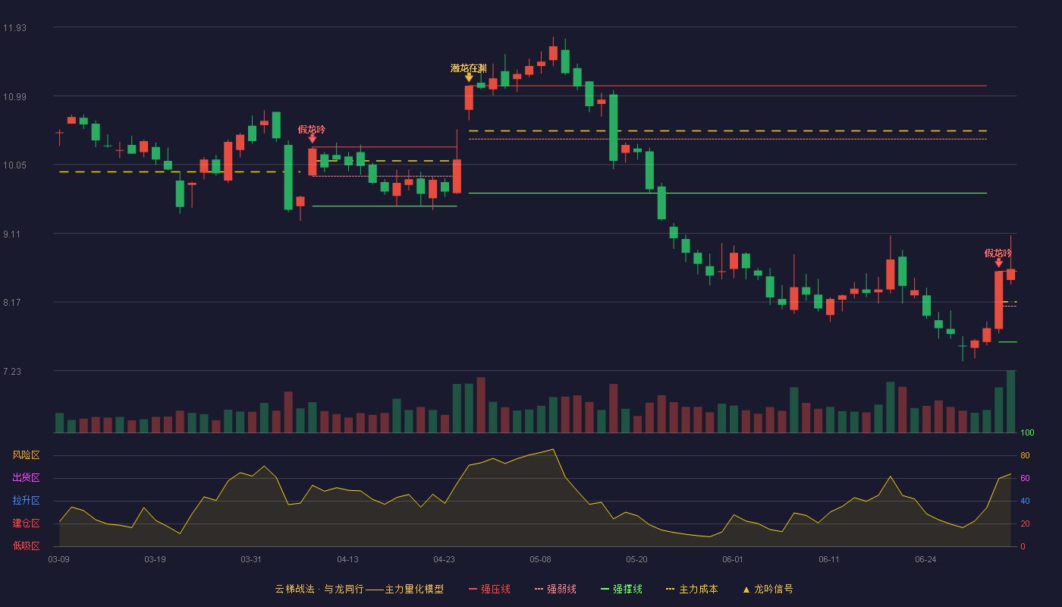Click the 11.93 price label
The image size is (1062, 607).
(x=14, y=28)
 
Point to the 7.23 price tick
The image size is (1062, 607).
(x=12, y=372)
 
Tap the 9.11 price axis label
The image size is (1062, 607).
(x=12, y=234)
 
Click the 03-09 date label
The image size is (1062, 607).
(x=59, y=560)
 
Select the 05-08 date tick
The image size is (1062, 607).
(x=540, y=560)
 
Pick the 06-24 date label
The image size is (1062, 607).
(x=926, y=560)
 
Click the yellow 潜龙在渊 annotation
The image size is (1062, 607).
(x=469, y=68)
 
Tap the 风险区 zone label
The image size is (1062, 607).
(x=26, y=455)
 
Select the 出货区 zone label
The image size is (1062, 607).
(x=26, y=477)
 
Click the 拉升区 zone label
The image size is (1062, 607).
(x=26, y=500)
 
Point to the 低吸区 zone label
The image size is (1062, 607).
(x=26, y=546)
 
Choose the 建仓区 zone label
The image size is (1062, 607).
(x=26, y=523)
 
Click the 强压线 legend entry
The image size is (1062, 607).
(x=489, y=589)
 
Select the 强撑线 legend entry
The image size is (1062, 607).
(x=621, y=589)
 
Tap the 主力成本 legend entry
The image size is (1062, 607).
(x=692, y=589)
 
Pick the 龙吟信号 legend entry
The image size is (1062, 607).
(x=768, y=589)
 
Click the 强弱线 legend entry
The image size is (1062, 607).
(x=555, y=589)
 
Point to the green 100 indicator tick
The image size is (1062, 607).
(x=1027, y=432)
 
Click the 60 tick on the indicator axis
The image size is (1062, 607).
(x=1025, y=478)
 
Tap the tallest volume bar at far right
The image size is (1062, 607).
(x=1010, y=401)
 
